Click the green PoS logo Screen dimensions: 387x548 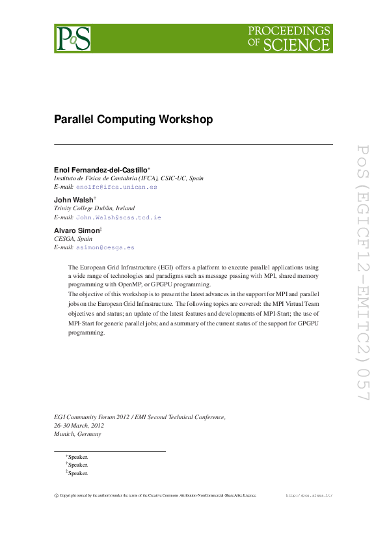pos(72,38)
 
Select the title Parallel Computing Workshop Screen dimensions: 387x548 pos(133,120)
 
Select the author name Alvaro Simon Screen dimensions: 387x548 pos(75,230)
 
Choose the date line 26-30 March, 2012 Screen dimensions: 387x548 pos(81,425)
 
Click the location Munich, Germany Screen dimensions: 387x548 pos(77,434)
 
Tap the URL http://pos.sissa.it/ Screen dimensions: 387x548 pos(309,495)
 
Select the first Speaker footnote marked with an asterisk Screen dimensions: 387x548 pos(77,457)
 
